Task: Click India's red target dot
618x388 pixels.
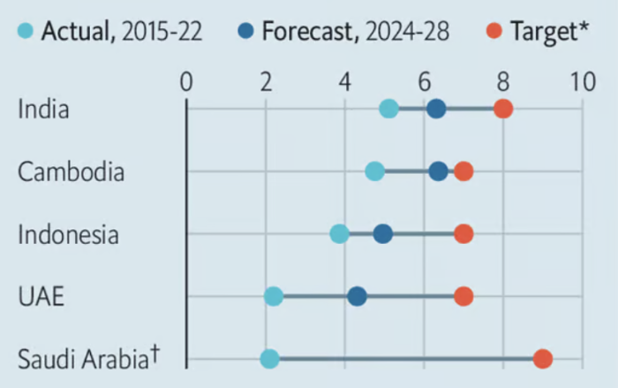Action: (x=502, y=109)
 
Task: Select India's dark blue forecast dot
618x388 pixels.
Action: (x=435, y=109)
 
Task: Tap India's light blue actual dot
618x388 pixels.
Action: (x=388, y=109)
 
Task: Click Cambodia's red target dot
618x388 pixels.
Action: (x=463, y=171)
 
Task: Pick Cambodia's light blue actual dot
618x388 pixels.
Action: (x=374, y=171)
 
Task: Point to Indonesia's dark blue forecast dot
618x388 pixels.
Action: (x=382, y=233)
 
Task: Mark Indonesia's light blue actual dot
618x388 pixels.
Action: (x=339, y=233)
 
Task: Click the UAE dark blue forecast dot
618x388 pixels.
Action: (x=357, y=296)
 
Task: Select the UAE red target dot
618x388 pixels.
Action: (x=463, y=296)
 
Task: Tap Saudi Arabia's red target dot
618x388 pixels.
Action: (x=543, y=358)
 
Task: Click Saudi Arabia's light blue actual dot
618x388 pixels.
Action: (x=269, y=358)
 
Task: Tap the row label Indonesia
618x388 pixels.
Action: (x=68, y=235)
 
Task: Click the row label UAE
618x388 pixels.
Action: (x=41, y=297)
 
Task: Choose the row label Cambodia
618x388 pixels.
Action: (x=71, y=172)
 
